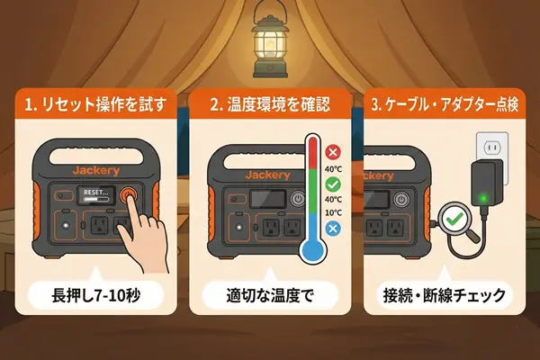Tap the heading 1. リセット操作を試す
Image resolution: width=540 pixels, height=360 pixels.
(x=95, y=104)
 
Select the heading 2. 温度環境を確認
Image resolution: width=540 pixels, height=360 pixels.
(x=270, y=104)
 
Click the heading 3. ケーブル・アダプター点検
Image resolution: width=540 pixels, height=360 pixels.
(x=445, y=104)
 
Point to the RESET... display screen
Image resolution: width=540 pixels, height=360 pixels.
(x=96, y=195)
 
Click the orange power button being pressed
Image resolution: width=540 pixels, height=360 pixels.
(x=128, y=195)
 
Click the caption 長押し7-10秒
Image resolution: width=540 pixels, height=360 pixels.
(x=96, y=296)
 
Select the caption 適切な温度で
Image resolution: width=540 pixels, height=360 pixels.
(x=270, y=296)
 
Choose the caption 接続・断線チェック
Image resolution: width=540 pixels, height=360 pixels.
(x=445, y=296)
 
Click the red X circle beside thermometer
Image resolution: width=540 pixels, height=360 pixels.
(x=333, y=152)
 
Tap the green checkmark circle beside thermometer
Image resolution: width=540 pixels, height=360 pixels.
(x=333, y=184)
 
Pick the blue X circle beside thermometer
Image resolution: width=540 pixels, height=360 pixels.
(x=333, y=229)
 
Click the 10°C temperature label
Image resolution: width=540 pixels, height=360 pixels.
(x=333, y=212)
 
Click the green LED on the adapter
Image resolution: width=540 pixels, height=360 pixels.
(x=483, y=198)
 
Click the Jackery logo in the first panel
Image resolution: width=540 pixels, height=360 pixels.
(x=96, y=171)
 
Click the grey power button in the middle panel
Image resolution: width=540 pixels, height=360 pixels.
(x=298, y=199)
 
